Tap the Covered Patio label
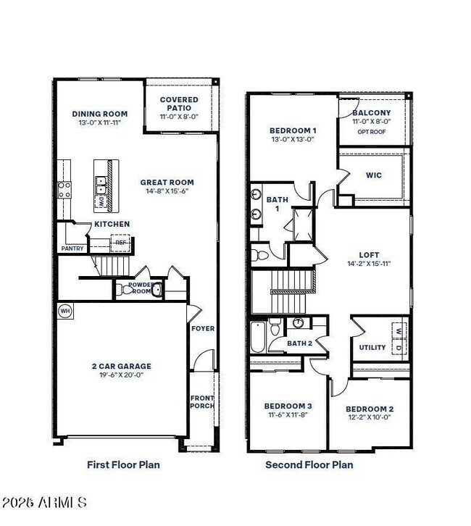[175, 104]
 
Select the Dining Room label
[100, 114]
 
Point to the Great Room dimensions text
[167, 191]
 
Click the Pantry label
[72, 249]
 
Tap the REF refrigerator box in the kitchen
[120, 243]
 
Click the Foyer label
[203, 328]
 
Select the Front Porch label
[202, 401]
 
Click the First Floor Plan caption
[123, 464]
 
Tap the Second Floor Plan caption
[309, 464]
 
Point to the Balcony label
[372, 113]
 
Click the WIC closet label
[374, 175]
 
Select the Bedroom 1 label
[293, 130]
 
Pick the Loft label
[369, 255]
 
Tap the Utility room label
[372, 348]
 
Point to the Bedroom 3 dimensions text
[288, 415]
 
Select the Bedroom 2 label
[370, 409]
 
